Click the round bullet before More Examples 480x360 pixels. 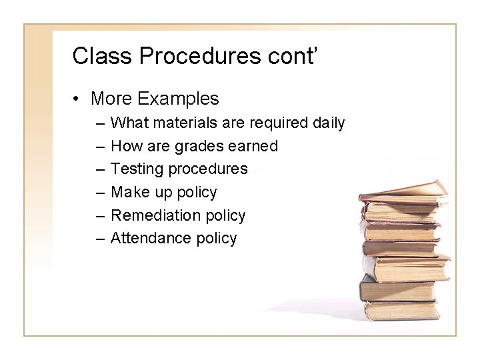pyautogui.click(x=78, y=99)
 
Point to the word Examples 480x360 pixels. pyautogui.click(x=178, y=99)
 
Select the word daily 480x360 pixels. pyautogui.click(x=327, y=123)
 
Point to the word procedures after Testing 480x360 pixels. pyautogui.click(x=207, y=169)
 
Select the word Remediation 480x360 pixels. pyautogui.click(x=155, y=215)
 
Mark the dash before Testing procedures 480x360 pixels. pyautogui.click(x=100, y=169)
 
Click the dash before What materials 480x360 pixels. pyautogui.click(x=100, y=123)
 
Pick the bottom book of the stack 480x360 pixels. pyautogui.click(x=403, y=310)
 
